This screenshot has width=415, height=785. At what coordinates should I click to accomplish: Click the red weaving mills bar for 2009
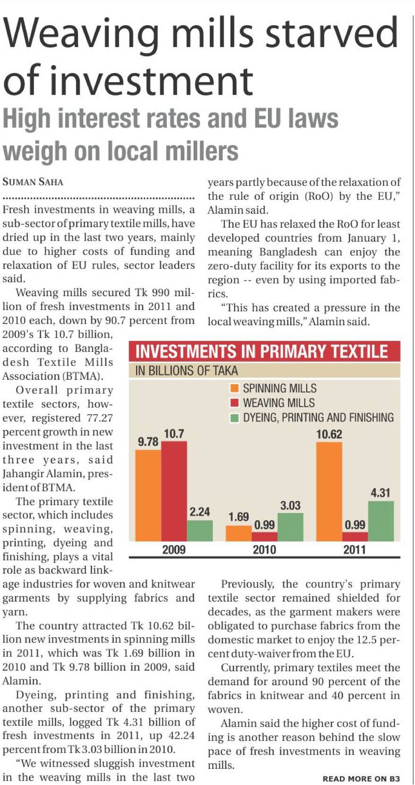click(x=174, y=491)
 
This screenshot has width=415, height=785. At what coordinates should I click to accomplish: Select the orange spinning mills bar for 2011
click(x=329, y=491)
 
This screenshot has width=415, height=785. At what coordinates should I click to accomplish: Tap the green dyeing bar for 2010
click(x=290, y=526)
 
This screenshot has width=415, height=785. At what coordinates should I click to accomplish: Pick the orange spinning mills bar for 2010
click(x=239, y=533)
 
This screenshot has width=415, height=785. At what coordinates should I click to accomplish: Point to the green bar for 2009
click(x=200, y=531)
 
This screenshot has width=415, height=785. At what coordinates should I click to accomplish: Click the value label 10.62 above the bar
click(x=329, y=434)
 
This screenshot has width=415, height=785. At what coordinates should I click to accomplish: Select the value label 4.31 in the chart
click(x=380, y=493)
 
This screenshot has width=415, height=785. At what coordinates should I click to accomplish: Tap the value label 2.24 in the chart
click(x=200, y=512)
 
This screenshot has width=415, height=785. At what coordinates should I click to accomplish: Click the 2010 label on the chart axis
click(x=264, y=550)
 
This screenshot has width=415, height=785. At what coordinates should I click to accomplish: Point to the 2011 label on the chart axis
click(x=354, y=550)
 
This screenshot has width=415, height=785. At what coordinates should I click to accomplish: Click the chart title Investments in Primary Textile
click(x=261, y=352)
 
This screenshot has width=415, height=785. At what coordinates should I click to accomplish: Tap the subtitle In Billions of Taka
click(x=186, y=370)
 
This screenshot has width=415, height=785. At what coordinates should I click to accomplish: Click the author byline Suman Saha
click(x=33, y=182)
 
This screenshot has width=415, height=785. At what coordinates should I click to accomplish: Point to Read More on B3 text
click(x=361, y=778)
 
